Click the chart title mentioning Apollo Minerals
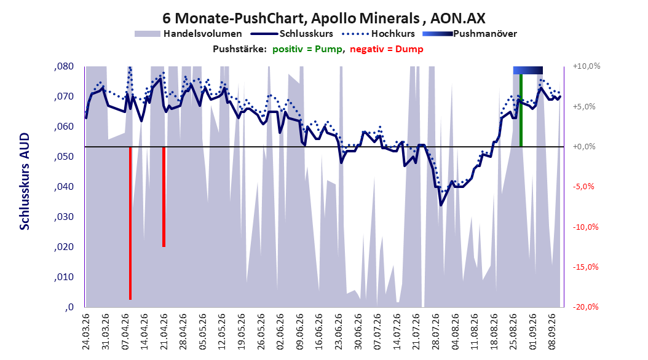323,18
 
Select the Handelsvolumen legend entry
189,34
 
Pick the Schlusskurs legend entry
292,34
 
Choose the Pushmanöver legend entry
470,34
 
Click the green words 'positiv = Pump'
307,49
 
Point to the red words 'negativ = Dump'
387,49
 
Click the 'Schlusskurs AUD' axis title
25,181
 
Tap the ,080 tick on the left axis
64,66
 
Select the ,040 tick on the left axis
64,187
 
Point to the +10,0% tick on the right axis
587,66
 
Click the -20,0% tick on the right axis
585,307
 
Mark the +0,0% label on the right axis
584,147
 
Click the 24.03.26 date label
86,332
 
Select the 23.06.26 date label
339,332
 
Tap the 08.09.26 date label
552,332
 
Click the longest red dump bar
130,223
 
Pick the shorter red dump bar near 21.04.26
164,197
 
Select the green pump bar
521,110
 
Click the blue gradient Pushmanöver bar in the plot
527,70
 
